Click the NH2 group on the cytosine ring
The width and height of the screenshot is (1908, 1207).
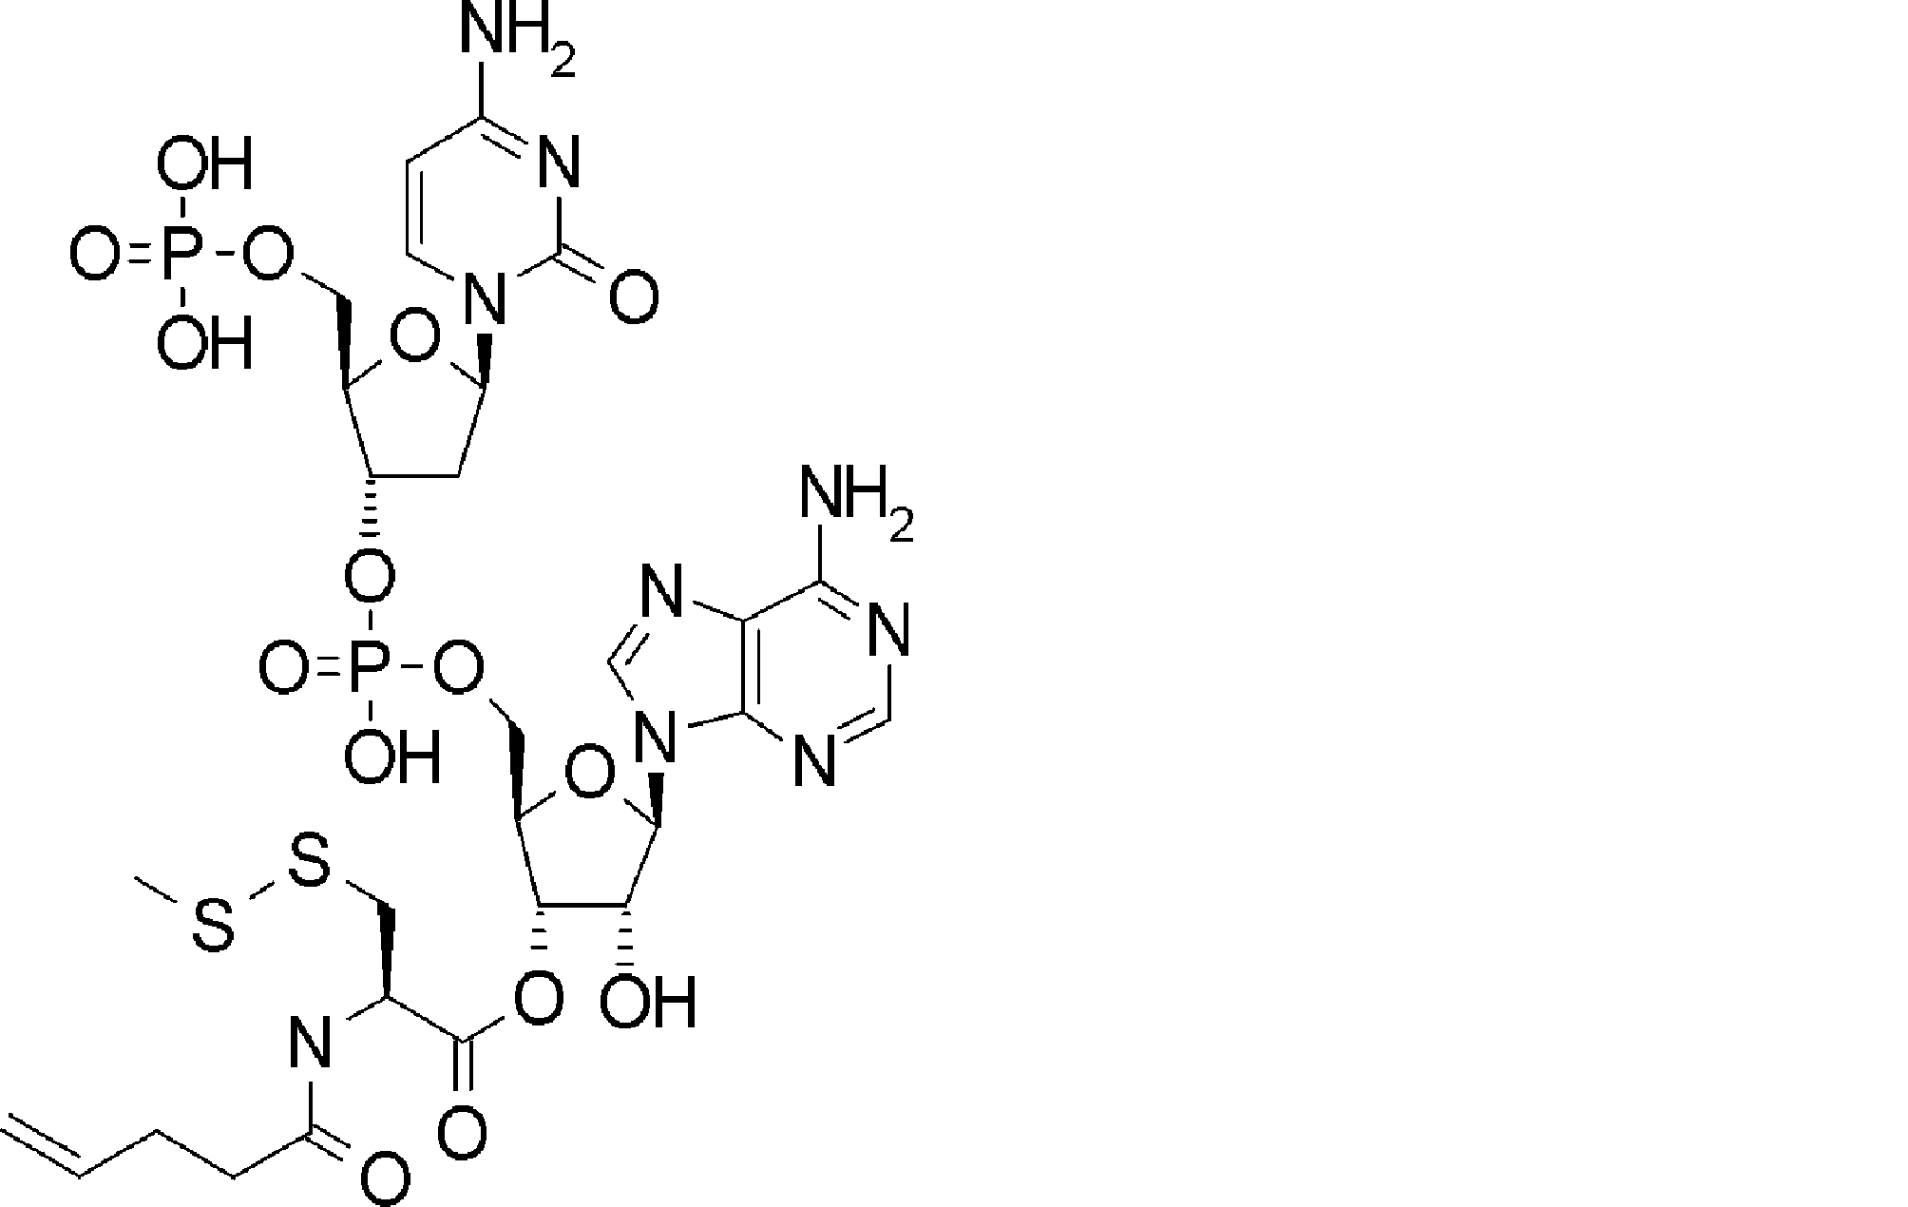pos(504,38)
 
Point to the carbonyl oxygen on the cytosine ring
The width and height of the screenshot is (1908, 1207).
pos(633,297)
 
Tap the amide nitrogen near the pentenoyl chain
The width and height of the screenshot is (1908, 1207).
pos(311,1044)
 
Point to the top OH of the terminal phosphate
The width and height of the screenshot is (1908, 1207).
pos(204,164)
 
